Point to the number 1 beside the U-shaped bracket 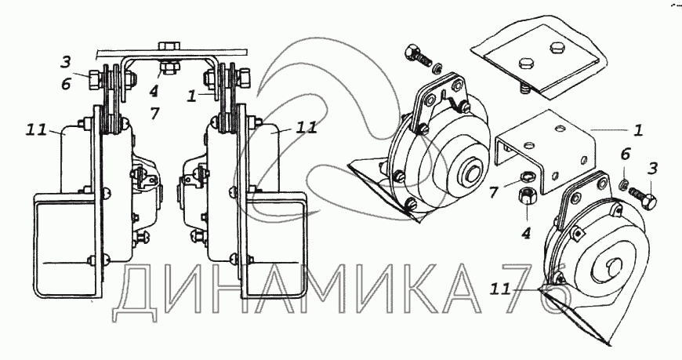(x=637, y=130)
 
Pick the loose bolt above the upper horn (x=417, y=55)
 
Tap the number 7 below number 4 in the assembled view (x=154, y=114)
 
